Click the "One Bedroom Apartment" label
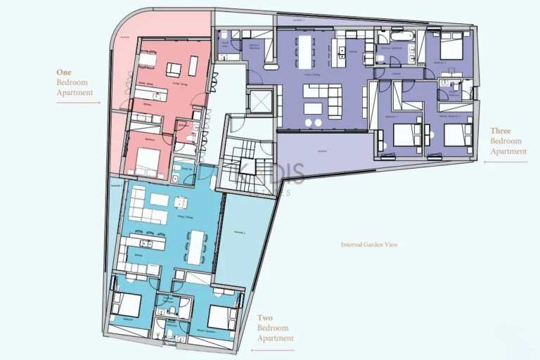pyautogui.click(x=75, y=82)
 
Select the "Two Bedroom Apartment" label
pyautogui.click(x=275, y=328)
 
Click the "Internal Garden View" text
pyautogui.click(x=369, y=245)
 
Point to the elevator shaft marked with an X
pyautogui.click(x=259, y=102)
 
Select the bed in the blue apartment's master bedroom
pyautogui.click(x=219, y=317)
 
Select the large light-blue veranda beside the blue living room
pyautogui.click(x=239, y=239)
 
